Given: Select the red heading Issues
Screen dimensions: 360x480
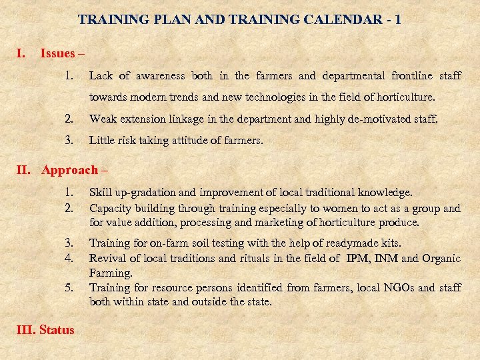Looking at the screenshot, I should tap(58, 53).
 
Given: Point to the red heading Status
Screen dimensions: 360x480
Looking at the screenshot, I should tap(57, 329).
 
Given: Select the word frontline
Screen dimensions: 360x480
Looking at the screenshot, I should tap(413, 76).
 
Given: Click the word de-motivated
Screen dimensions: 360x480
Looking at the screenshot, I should tap(383, 119).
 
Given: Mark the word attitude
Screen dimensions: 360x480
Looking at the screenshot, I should tap(197, 141).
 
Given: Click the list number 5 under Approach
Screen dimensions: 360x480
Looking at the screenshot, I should tap(69, 288).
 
